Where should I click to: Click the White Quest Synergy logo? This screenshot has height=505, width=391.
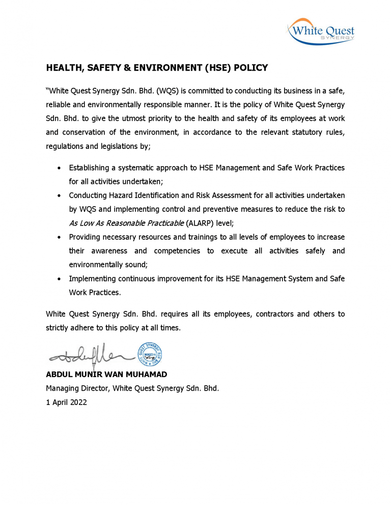point(321,31)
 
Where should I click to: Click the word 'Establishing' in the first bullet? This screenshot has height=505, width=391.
point(90,167)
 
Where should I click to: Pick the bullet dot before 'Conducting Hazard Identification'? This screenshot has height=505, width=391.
point(60,195)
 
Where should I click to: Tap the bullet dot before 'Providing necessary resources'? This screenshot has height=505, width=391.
point(60,237)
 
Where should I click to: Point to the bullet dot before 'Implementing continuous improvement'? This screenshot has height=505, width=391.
point(60,279)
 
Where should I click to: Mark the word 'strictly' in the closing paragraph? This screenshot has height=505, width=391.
point(58,328)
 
